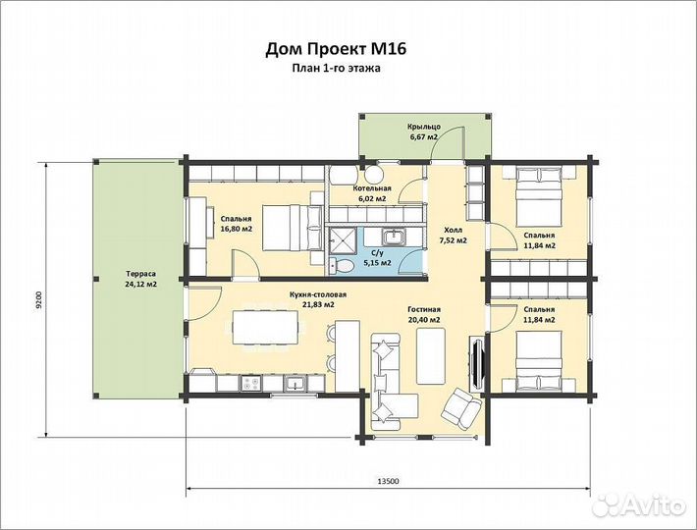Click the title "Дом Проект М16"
coord(336,49)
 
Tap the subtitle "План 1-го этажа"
coord(336,69)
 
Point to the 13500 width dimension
coord(388,481)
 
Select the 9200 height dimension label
coord(38,299)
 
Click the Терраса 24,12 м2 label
coord(141,279)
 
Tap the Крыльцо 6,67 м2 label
coord(424,132)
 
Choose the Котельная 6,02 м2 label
coord(372,193)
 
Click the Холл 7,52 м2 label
coord(453,236)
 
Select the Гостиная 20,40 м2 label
coord(424,314)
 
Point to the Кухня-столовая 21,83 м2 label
coord(317,299)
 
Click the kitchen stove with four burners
coord(251,384)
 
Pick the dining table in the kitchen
coord(265,328)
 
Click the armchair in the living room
coord(461,408)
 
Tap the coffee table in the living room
coord(431,356)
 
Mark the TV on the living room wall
coord(476,363)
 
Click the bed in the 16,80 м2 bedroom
coord(292,228)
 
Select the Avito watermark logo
coord(640,504)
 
